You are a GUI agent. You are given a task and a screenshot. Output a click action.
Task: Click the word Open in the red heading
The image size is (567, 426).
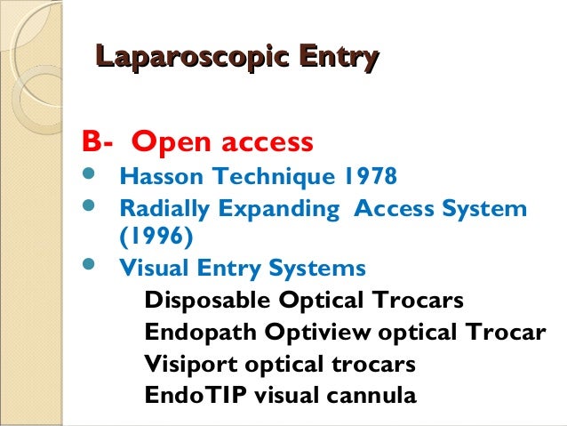[172, 141]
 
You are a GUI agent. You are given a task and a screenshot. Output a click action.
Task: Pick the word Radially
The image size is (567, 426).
[160, 210]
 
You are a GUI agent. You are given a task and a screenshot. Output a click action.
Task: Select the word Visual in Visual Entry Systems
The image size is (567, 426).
[148, 268]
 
